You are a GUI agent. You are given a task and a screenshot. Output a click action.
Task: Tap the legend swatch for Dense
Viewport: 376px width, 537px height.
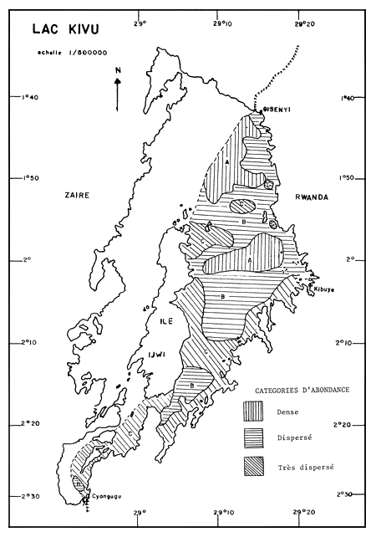coord(253,411)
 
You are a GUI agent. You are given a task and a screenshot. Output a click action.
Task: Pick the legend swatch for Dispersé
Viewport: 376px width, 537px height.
coord(253,437)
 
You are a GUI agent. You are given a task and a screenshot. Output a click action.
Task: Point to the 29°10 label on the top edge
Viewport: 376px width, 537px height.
coord(220,12)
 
